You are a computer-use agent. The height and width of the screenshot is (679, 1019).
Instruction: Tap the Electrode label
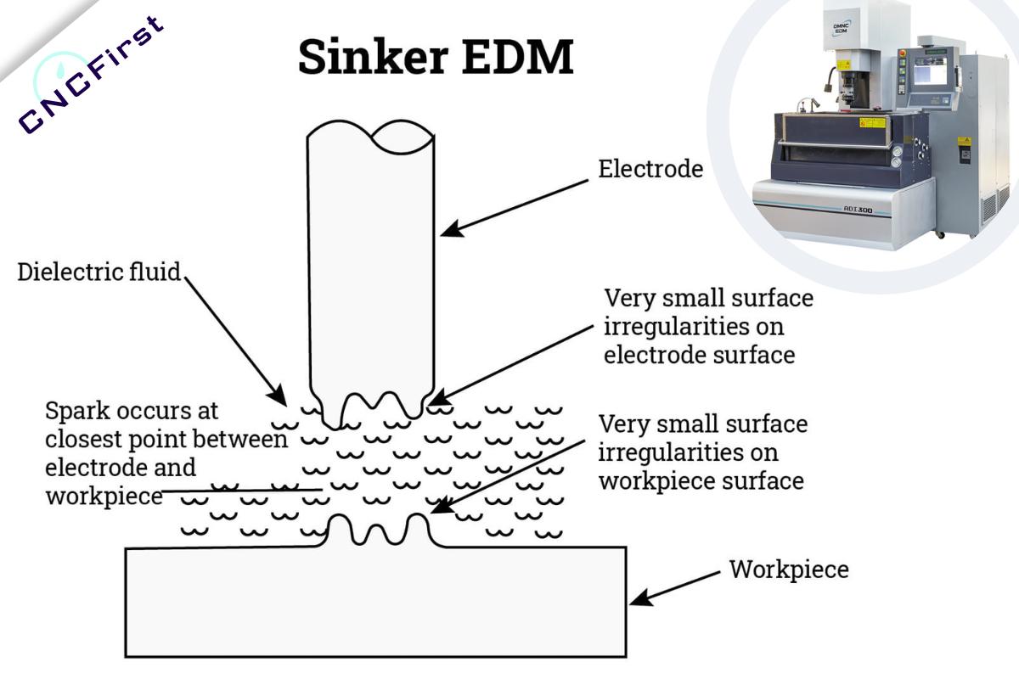pyautogui.click(x=650, y=169)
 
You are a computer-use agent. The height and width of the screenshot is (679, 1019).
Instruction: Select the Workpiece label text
pyautogui.click(x=789, y=570)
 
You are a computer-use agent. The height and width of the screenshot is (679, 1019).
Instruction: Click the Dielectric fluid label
pyautogui.click(x=99, y=273)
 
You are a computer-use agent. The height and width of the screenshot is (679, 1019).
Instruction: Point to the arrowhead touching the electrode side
pyautogui.click(x=448, y=229)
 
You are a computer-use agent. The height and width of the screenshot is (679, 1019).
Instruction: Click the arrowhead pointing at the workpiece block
pyautogui.click(x=637, y=598)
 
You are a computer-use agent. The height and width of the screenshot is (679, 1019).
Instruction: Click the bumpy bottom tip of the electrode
pyautogui.click(x=372, y=407)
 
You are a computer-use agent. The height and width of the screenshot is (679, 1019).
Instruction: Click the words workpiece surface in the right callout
pyautogui.click(x=701, y=480)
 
